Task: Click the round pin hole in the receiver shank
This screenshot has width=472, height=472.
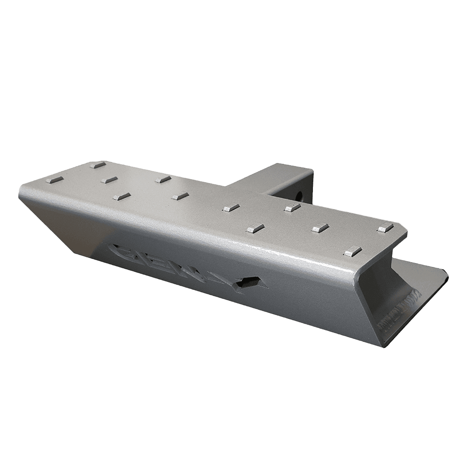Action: point(300,194)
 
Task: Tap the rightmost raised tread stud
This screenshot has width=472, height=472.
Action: point(385,226)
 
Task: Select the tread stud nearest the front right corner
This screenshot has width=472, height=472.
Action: point(353,251)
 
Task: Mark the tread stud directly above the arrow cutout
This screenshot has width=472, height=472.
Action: point(255,227)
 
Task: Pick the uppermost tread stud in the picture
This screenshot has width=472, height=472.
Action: point(97,165)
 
